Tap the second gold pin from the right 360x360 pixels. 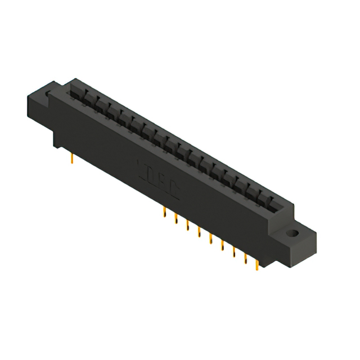[246, 259]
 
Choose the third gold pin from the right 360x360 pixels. [234, 253]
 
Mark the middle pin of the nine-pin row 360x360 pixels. [210, 239]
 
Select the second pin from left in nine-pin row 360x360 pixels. [175, 219]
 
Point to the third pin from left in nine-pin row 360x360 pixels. [187, 226]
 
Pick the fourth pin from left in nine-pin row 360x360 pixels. [199, 232]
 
